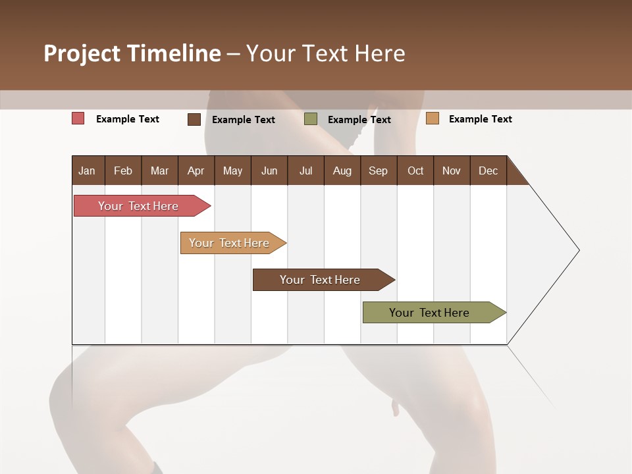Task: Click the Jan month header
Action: [87, 171]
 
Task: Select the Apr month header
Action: [196, 171]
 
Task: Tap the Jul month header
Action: [305, 171]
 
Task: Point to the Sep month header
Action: [378, 171]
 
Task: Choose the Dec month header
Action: [488, 171]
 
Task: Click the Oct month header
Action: [415, 171]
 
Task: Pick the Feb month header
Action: [123, 171]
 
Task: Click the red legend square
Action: [78, 118]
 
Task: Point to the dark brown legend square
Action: [194, 119]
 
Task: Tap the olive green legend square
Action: [311, 119]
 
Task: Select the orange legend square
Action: [432, 118]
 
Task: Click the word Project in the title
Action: [81, 53]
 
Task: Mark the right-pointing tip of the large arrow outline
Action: [578, 250]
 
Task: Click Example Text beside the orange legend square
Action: [480, 119]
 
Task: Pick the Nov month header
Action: [452, 171]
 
